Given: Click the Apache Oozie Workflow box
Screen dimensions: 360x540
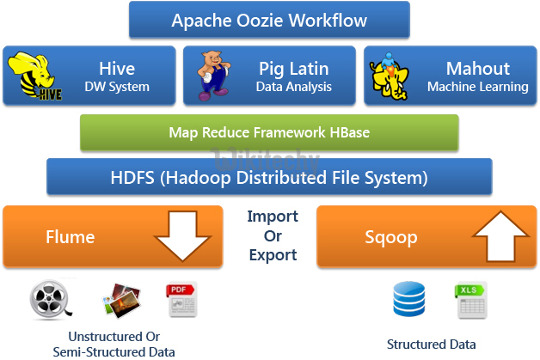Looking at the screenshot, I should coord(269,20).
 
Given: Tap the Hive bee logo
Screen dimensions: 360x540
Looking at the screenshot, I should coord(33,76).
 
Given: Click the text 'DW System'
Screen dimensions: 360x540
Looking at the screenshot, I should coord(117,87).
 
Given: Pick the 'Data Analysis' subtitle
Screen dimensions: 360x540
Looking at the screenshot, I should coord(294,87).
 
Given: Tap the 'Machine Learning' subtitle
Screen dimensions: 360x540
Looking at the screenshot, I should coord(477,87).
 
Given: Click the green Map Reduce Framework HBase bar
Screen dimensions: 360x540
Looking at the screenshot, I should coord(269,132).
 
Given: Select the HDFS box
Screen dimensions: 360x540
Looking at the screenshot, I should coord(269,179).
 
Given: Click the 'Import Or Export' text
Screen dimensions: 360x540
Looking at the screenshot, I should coord(272,235).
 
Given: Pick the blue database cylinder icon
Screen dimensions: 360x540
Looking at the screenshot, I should coord(409,299).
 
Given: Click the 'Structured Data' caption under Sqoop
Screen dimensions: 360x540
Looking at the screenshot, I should coord(431,345).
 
